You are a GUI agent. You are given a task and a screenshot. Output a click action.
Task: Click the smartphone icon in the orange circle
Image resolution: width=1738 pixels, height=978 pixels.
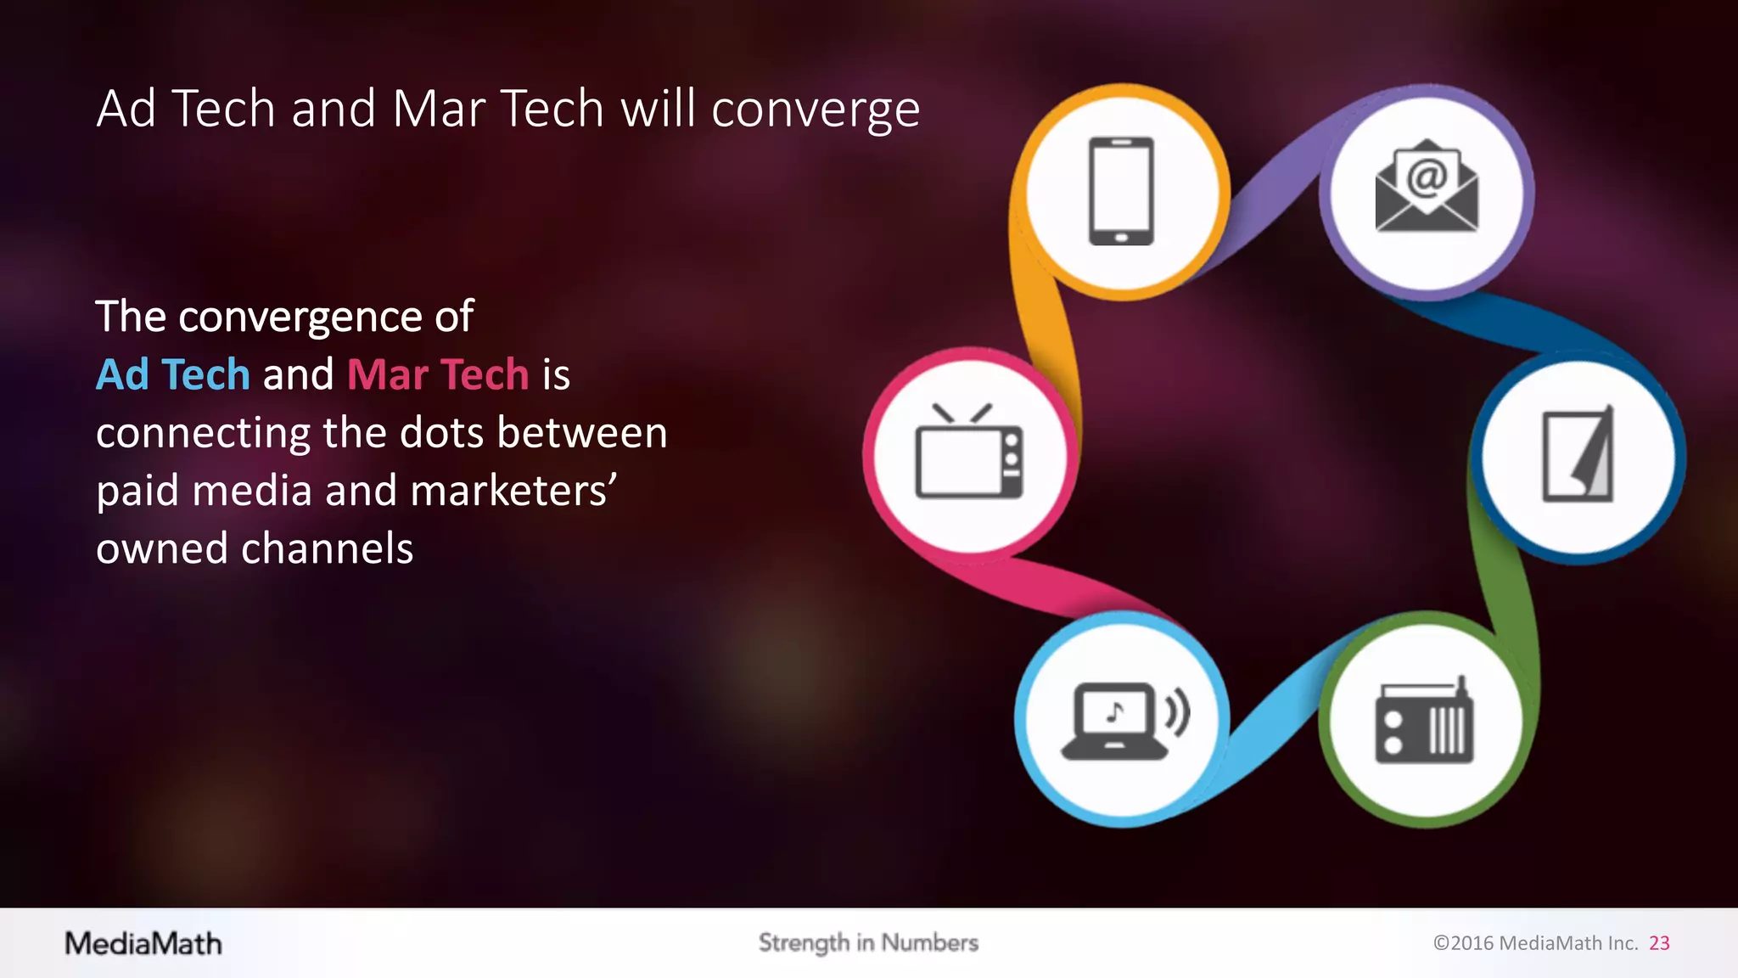1121,191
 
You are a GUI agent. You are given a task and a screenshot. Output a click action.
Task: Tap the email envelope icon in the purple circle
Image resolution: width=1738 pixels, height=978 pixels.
1427,188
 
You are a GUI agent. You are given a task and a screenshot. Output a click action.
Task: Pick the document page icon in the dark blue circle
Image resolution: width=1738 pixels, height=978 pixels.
1578,456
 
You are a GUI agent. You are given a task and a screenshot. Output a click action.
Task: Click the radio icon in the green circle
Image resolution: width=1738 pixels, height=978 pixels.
1425,722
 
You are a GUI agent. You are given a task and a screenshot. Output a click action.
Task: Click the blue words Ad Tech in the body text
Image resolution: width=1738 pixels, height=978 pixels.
173,374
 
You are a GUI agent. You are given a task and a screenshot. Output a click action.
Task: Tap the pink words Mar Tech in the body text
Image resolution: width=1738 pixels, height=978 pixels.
438,374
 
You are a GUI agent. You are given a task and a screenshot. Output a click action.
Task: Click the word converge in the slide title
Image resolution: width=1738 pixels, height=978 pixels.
815,110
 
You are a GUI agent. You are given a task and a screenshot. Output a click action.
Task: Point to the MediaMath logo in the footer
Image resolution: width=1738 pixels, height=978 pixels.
143,943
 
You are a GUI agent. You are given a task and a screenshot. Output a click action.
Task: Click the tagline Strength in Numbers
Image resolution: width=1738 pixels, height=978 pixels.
868,942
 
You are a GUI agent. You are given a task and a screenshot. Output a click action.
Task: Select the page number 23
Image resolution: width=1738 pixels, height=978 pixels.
1659,943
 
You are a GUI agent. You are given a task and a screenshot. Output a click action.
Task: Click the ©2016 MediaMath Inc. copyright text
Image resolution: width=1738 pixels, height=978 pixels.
1535,943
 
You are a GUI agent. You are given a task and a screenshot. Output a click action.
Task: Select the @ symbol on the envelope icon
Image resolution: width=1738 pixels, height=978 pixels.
1427,177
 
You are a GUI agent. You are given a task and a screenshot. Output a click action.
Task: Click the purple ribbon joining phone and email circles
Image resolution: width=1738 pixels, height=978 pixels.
1273,195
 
